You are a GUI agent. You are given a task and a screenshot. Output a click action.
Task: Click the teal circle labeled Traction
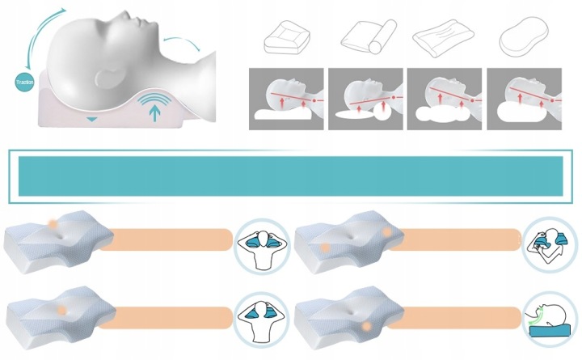coord(20,81)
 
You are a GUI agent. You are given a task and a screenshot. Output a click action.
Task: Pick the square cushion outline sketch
coord(287,36)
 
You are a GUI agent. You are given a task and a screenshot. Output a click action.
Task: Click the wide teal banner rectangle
coord(290,176)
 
